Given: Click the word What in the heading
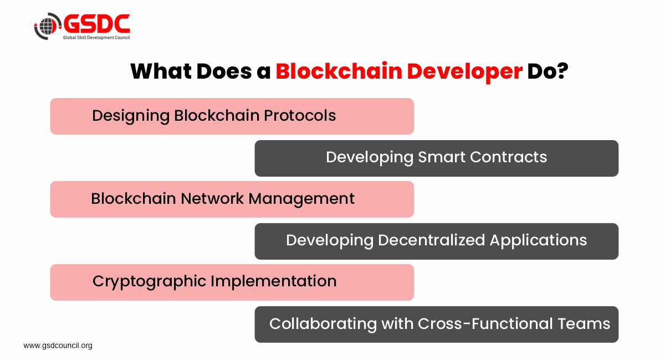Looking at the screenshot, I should tap(161, 72).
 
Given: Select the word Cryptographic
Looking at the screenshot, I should tap(150, 281).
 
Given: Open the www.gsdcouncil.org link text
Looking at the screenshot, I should tap(58, 346).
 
